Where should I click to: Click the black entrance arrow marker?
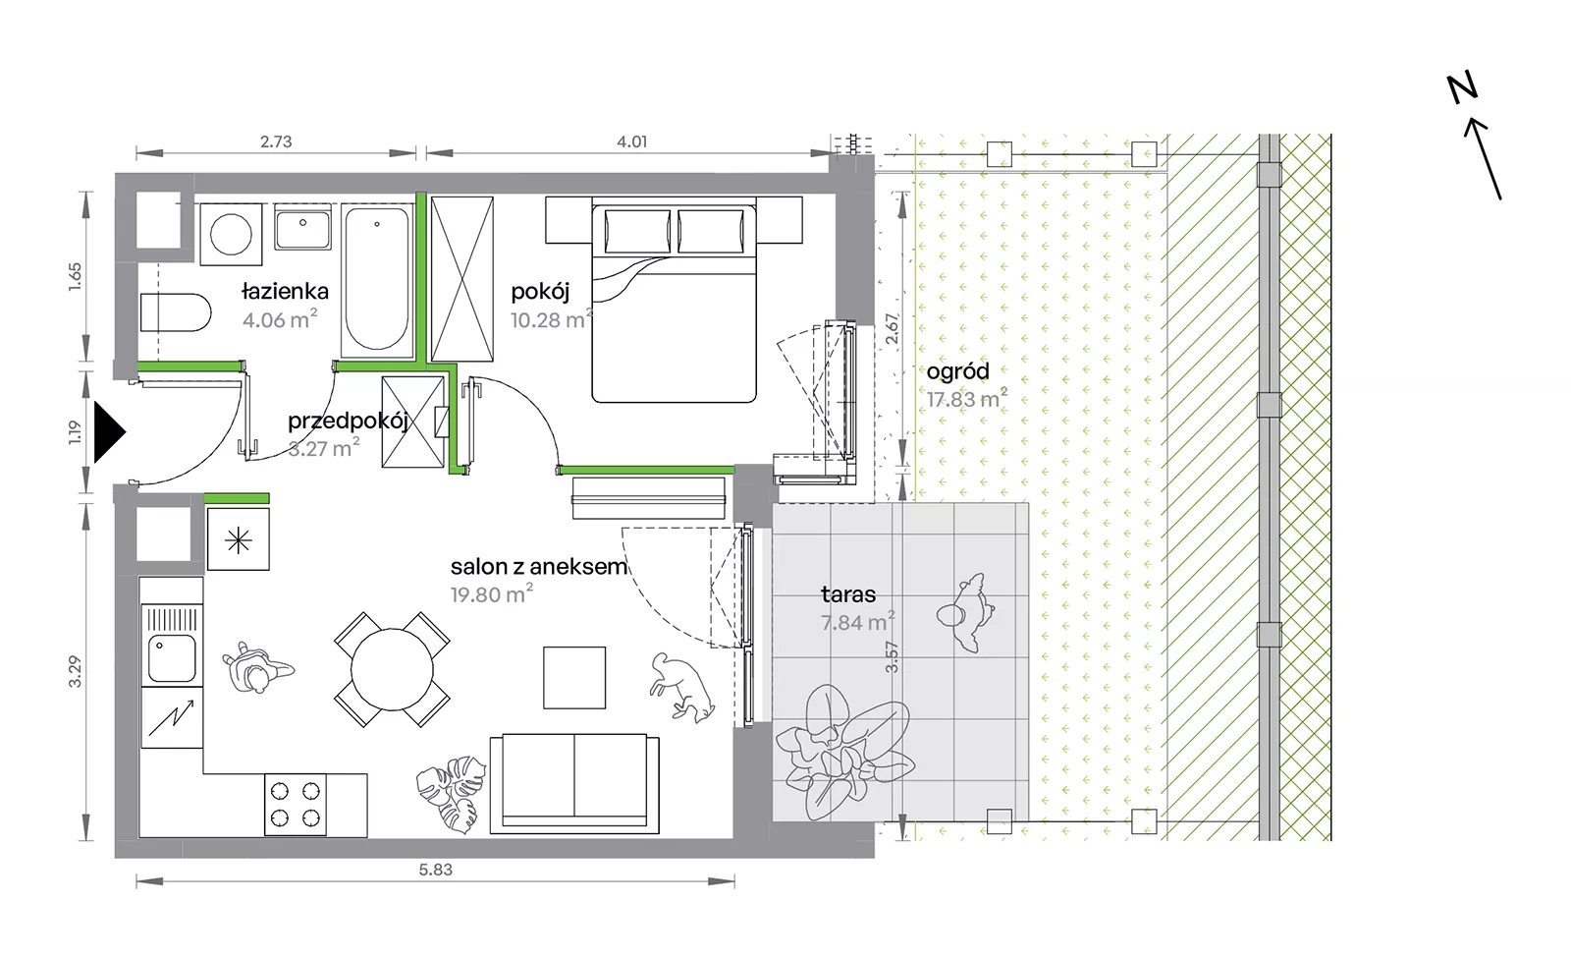tap(109, 432)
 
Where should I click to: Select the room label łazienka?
tap(285, 291)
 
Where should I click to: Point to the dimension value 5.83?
tap(436, 870)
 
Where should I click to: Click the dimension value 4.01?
tap(632, 141)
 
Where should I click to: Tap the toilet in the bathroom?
tap(176, 312)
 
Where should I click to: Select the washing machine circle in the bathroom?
tap(231, 234)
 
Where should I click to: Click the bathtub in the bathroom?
tap(377, 281)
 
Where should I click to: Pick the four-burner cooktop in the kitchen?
tap(296, 805)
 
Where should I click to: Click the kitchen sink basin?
tap(171, 658)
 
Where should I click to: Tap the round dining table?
tap(392, 669)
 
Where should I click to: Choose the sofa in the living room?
tap(574, 784)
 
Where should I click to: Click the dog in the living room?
tap(681, 688)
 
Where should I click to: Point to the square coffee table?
tap(574, 677)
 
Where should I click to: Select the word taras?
tap(848, 594)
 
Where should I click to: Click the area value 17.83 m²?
tap(967, 399)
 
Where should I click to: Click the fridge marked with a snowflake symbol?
tap(239, 539)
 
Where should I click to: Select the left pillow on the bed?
tap(637, 231)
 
